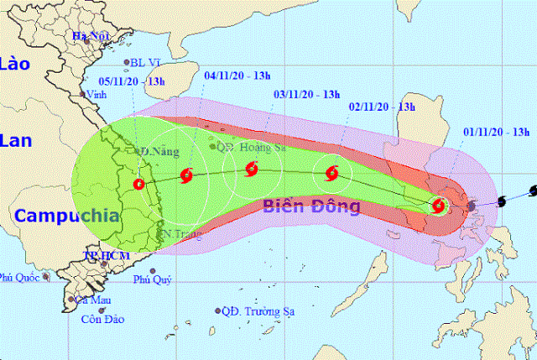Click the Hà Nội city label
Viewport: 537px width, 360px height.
(x=91, y=36)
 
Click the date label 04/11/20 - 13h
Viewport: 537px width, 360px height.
(x=238, y=76)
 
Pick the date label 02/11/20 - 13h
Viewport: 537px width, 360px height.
(x=382, y=107)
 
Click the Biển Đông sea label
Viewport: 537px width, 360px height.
(x=310, y=206)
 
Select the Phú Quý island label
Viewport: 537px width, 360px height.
(x=152, y=280)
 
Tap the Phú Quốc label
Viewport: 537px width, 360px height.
(x=20, y=277)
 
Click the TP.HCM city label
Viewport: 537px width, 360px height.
(x=104, y=253)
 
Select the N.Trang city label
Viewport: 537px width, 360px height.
(x=180, y=232)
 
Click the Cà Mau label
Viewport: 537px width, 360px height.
(x=92, y=299)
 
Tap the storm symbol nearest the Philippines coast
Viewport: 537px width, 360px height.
(x=439, y=205)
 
